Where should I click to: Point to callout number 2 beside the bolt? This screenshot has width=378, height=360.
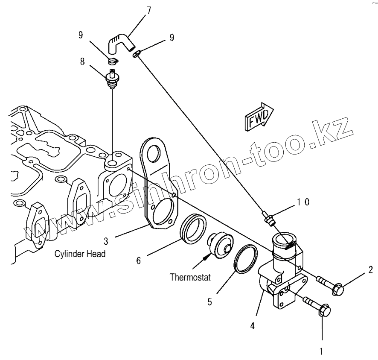(x=370, y=269)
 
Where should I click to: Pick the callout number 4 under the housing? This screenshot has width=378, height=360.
(x=253, y=326)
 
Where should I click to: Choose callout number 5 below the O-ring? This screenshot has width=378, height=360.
(x=209, y=301)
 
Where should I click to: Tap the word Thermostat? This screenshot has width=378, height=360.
(x=190, y=277)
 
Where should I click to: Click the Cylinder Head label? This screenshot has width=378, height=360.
(x=80, y=254)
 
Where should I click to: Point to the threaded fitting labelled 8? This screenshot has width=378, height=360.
(x=112, y=79)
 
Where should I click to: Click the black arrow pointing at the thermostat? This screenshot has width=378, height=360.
(x=207, y=257)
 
